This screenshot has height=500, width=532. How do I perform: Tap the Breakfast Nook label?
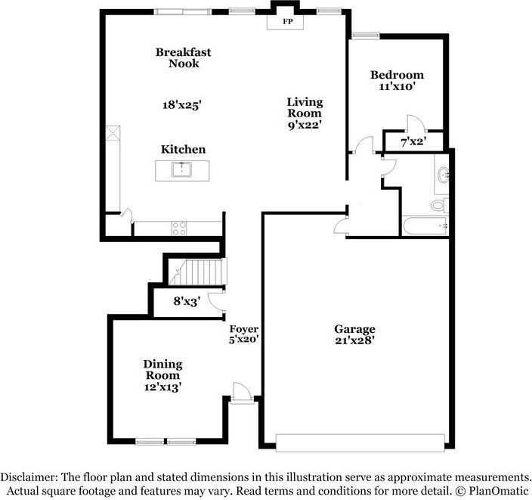[x=183, y=58]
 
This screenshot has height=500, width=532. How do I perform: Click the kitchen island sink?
[x=181, y=169]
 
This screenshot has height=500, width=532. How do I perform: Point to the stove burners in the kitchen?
[x=180, y=226]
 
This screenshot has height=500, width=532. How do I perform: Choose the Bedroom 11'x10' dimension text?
[x=397, y=87]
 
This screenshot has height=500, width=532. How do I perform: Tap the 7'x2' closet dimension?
[x=414, y=141]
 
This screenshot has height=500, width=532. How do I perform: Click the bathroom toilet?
[x=438, y=205]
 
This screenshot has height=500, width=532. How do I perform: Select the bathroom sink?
[x=444, y=176]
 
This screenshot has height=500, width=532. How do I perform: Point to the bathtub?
[x=426, y=225]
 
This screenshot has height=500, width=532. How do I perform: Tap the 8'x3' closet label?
[x=186, y=301]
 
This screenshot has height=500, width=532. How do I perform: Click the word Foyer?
[x=245, y=329]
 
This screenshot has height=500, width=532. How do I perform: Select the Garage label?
[x=354, y=329]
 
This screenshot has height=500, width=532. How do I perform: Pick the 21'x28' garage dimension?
[x=354, y=340]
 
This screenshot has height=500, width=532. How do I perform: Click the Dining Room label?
[x=162, y=370]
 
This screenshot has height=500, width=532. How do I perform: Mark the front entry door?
[x=242, y=393]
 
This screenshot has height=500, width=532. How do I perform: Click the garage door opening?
[x=360, y=442]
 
